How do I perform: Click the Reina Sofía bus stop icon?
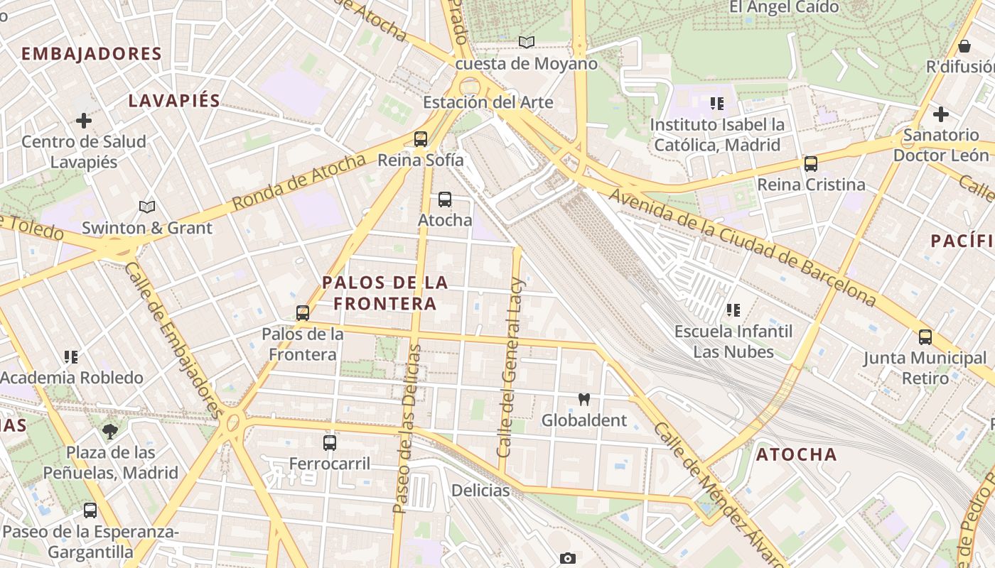(421, 138)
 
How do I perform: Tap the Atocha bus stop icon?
(445, 200)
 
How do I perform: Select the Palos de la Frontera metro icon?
(303, 312)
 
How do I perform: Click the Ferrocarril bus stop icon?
(330, 443)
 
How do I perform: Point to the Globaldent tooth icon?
(584, 400)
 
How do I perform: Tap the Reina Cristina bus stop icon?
(811, 164)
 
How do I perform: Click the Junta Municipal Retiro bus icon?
(925, 337)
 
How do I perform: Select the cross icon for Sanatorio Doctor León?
(941, 114)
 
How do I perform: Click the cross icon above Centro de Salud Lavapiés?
(84, 121)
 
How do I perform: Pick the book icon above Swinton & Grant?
(147, 207)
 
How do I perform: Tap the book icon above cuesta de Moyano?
(526, 43)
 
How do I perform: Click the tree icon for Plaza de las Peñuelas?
(110, 431)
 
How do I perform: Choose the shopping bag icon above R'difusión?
(964, 46)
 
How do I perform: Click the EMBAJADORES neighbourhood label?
(92, 54)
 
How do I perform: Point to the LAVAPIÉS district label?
(175, 101)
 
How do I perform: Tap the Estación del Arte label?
(488, 102)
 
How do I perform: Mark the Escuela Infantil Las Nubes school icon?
(733, 310)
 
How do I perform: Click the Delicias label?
(480, 491)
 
